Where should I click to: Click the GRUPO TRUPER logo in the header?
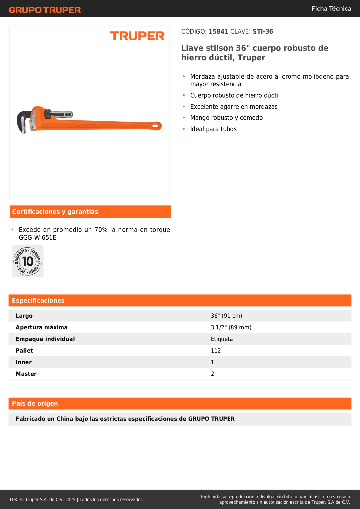point(45,10)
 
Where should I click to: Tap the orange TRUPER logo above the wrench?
point(137,36)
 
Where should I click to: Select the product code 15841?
point(218,32)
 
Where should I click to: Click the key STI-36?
point(263,32)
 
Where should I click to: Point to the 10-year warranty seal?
point(28,261)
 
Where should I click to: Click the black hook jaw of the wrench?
point(23,119)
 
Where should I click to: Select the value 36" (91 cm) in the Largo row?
point(226,316)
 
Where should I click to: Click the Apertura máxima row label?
point(41,327)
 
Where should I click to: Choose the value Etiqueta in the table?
point(222,339)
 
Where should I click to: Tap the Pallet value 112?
point(216,351)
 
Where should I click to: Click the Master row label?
point(26,374)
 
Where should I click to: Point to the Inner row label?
point(23,362)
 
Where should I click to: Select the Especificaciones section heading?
point(38,301)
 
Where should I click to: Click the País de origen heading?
point(35,404)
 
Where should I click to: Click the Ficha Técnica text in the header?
point(331,9)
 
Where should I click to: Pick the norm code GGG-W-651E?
point(38,238)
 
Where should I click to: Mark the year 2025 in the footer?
point(70,500)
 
